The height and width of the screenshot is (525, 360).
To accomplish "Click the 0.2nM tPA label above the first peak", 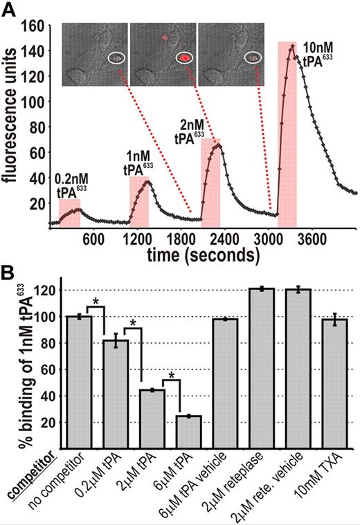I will coord(71,187).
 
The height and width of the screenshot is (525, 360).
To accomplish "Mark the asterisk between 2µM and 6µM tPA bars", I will coord(170,376).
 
